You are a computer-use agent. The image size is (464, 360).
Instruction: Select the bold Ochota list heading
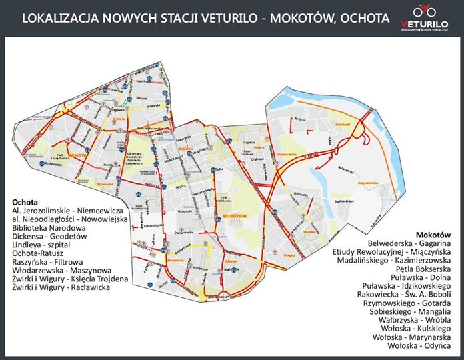(25, 201)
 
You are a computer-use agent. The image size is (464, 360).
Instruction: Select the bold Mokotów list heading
(433, 235)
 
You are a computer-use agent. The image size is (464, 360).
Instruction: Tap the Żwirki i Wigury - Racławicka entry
(61, 287)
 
